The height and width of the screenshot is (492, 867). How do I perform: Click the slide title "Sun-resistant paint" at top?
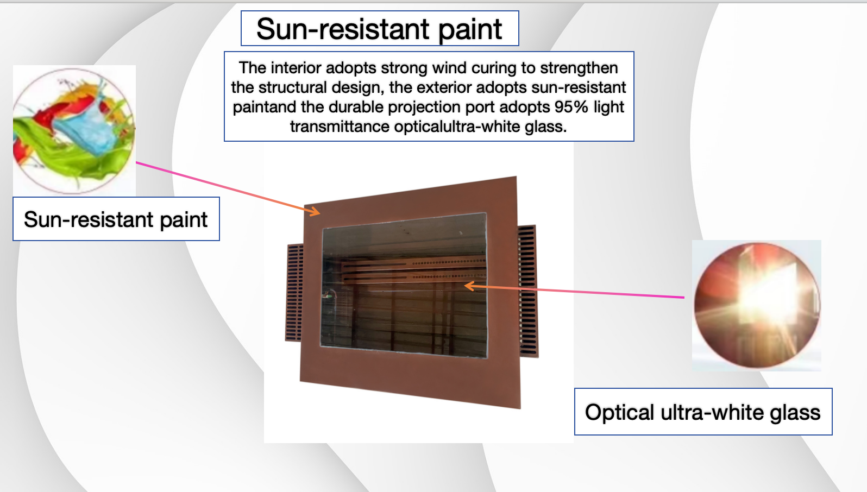pyautogui.click(x=379, y=29)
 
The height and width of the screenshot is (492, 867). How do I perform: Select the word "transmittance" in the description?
pyautogui.click(x=340, y=127)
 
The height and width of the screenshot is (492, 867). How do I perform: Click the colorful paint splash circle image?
pyautogui.click(x=74, y=131)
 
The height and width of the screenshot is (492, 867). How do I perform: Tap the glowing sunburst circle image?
pyautogui.click(x=757, y=306)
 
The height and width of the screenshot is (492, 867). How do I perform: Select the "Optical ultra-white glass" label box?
pyautogui.click(x=703, y=412)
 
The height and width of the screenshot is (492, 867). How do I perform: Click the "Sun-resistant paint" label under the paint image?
pyautogui.click(x=116, y=219)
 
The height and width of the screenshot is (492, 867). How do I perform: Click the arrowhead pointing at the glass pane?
pyautogui.click(x=469, y=286)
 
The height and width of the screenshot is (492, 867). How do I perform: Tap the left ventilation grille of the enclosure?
pyautogui.click(x=294, y=292)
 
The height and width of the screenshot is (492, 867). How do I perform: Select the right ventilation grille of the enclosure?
pyautogui.click(x=527, y=291)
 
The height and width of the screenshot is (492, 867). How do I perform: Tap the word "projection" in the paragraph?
pyautogui.click(x=424, y=107)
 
